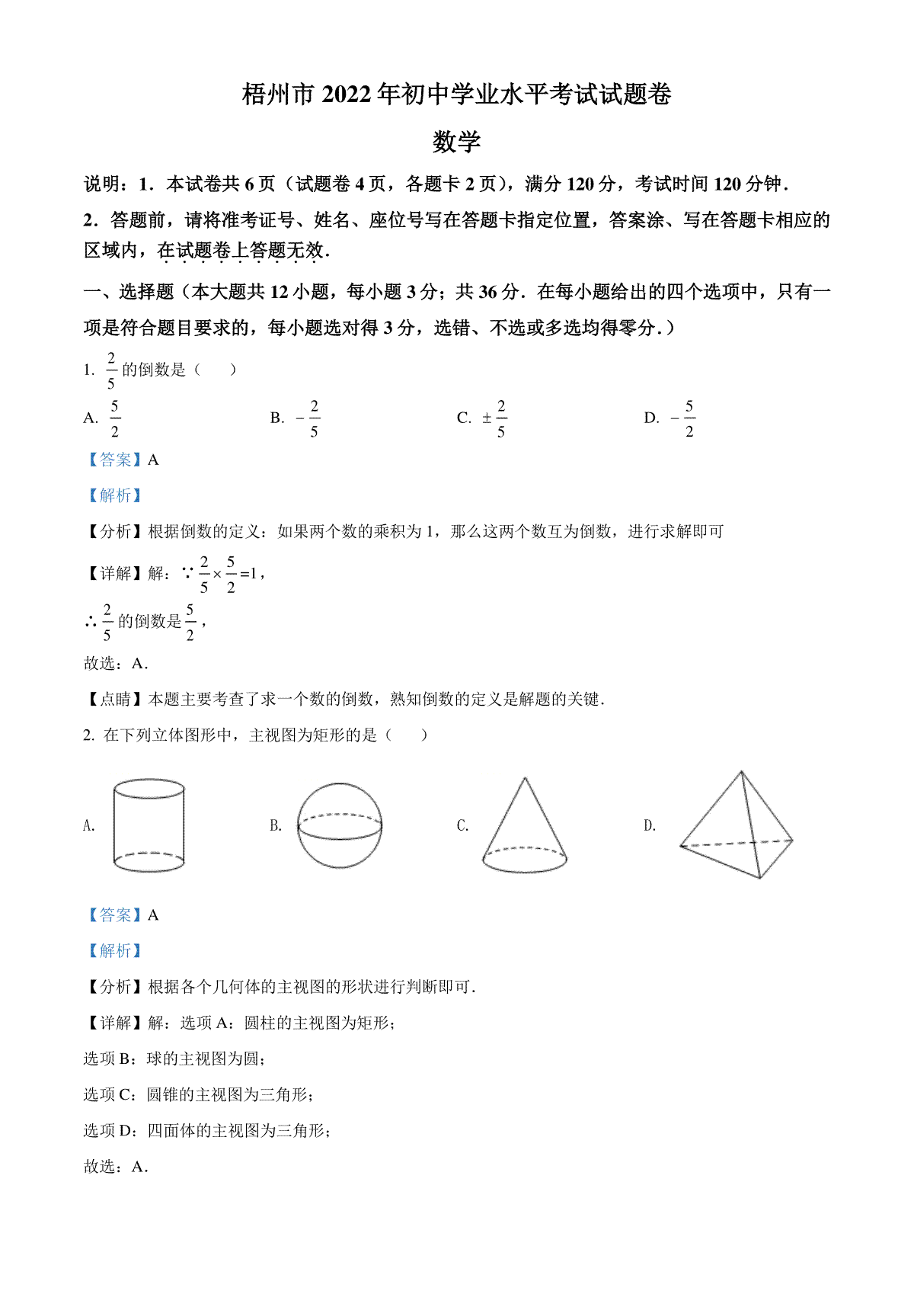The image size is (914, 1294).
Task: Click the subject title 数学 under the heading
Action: pyautogui.click(x=456, y=142)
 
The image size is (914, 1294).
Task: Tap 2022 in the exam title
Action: pyautogui.click(x=350, y=94)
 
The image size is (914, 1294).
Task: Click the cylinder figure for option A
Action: pyautogui.click(x=149, y=825)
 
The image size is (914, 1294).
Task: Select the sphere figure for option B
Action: pyautogui.click(x=339, y=825)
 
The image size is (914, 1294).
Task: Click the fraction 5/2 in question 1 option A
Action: pyautogui.click(x=115, y=418)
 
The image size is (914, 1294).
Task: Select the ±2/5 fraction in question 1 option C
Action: pyautogui.click(x=496, y=418)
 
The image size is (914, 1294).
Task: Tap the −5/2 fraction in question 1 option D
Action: pyautogui.click(x=684, y=418)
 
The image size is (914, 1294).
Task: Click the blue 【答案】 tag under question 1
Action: pyautogui.click(x=114, y=460)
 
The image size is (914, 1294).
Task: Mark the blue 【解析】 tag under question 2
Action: pyautogui.click(x=114, y=950)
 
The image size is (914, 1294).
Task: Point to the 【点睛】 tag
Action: pyautogui.click(x=114, y=699)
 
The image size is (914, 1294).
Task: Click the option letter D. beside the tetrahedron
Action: pyautogui.click(x=650, y=825)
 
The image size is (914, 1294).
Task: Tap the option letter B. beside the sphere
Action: pyautogui.click(x=276, y=825)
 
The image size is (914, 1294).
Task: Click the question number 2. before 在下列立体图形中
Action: pyautogui.click(x=89, y=735)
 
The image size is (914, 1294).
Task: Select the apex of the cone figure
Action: pyautogui.click(x=525, y=779)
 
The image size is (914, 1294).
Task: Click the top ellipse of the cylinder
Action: pyautogui.click(x=149, y=789)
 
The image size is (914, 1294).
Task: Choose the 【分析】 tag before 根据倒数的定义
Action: pyautogui.click(x=114, y=531)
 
